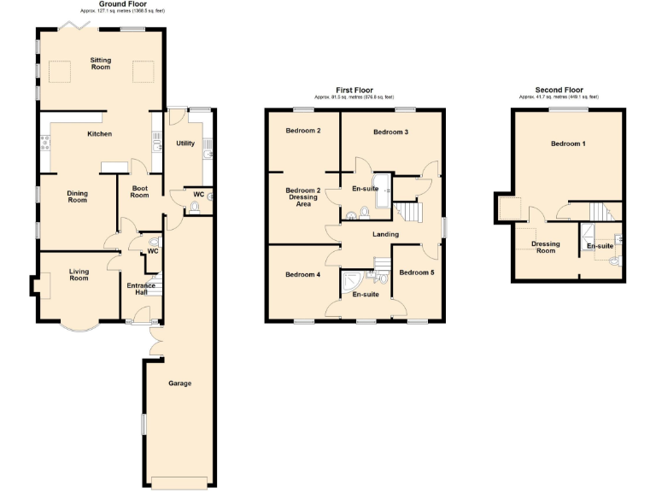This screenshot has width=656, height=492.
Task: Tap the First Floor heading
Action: tap(354, 89)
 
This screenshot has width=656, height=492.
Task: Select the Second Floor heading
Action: tap(559, 89)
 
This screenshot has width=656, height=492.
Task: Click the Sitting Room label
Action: tap(106, 63)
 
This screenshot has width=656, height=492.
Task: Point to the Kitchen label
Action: tap(100, 134)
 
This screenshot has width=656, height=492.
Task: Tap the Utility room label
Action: tap(185, 143)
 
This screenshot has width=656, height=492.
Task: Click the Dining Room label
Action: tap(77, 196)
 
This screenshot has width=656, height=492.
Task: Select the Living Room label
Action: tap(79, 275)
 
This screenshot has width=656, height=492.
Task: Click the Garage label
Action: tap(179, 384)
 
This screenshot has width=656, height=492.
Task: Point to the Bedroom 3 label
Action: tap(390, 132)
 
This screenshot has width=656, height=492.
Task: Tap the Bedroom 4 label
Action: tap(303, 274)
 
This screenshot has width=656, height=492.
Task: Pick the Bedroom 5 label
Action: tap(417, 272)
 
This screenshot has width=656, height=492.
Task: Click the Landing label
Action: tap(385, 234)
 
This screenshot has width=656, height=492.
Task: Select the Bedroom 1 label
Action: tap(568, 143)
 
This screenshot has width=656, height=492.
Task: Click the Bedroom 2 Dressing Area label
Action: tap(303, 197)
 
